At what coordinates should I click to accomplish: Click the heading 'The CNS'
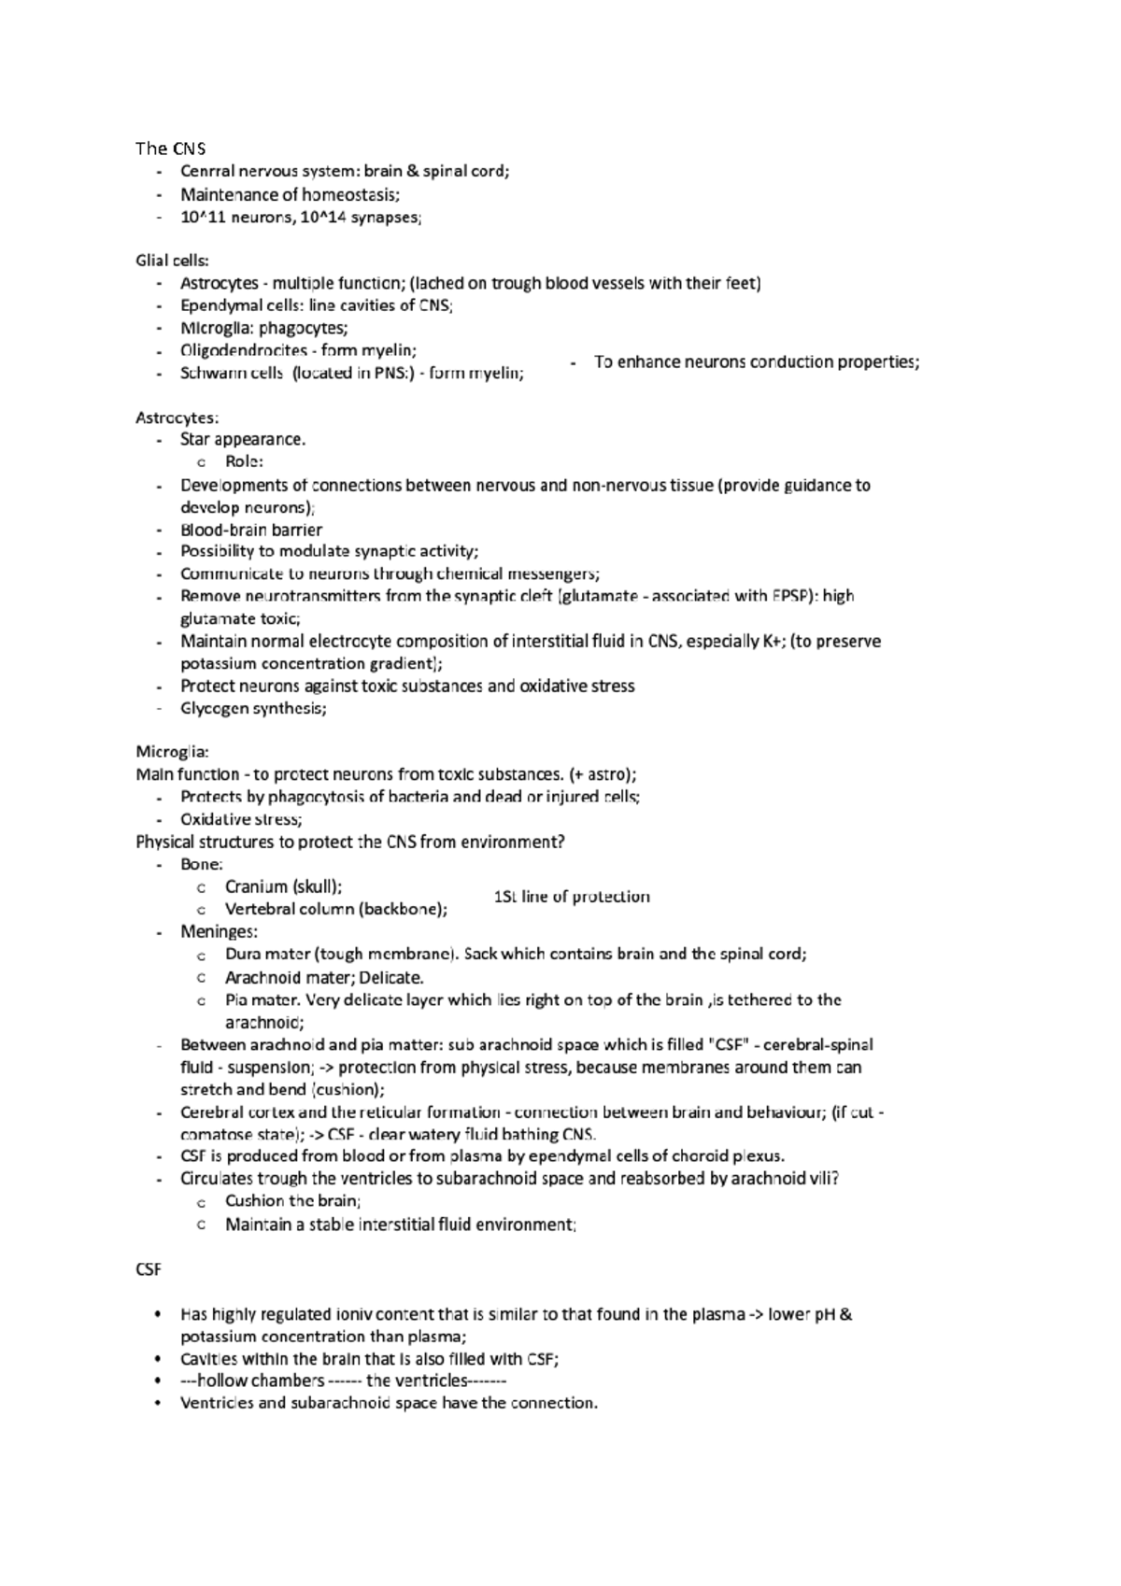(x=170, y=149)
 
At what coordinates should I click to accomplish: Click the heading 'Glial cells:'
(x=173, y=261)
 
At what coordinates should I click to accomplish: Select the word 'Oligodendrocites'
(x=244, y=351)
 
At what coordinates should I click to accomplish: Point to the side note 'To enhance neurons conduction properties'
(x=756, y=362)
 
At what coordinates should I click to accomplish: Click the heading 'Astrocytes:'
(x=177, y=418)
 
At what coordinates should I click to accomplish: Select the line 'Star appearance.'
(x=243, y=440)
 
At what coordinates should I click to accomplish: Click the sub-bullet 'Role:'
(x=244, y=462)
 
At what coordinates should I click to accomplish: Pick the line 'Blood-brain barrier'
(x=251, y=530)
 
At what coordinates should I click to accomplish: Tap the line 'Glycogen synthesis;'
(x=253, y=709)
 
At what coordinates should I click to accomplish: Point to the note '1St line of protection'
(x=572, y=898)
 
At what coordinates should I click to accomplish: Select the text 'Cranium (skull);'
(x=283, y=887)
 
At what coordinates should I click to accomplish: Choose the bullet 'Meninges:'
(x=219, y=932)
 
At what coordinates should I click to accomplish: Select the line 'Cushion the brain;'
(x=292, y=1201)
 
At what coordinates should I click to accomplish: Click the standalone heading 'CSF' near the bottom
(x=149, y=1270)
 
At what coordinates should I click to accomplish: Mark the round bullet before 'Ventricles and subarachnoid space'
(x=159, y=1404)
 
